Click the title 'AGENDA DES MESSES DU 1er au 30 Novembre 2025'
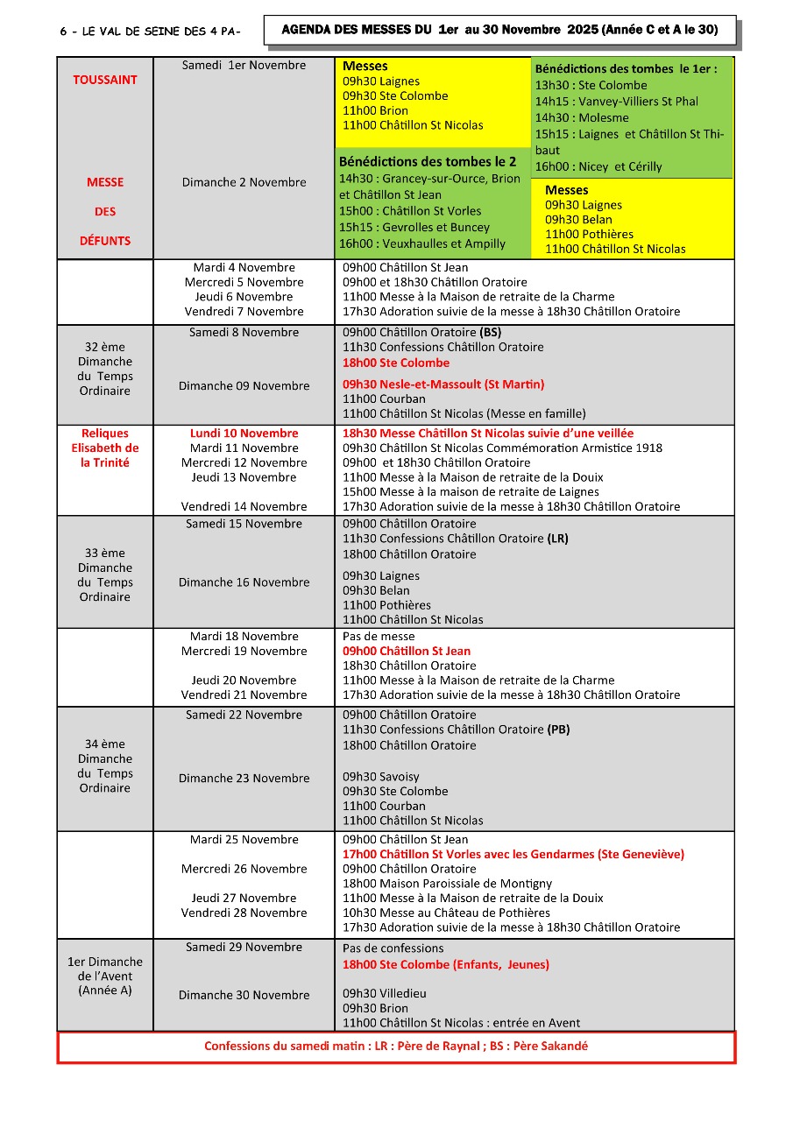[x=499, y=30]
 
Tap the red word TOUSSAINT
[x=105, y=80]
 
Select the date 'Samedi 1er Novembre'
[x=244, y=66]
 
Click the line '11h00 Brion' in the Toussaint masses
[x=375, y=110]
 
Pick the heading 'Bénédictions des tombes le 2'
[x=428, y=161]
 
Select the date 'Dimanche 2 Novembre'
[x=244, y=182]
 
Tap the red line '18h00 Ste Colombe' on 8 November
[x=396, y=363]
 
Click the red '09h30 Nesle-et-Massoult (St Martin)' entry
[x=443, y=384]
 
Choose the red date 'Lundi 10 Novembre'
[x=244, y=434]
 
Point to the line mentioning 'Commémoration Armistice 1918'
[x=502, y=448]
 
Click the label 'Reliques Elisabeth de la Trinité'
[x=105, y=448]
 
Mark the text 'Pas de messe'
[x=379, y=637]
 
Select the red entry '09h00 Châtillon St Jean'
[x=407, y=651]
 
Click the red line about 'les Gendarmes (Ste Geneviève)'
[x=513, y=854]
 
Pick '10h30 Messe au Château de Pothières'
[x=446, y=913]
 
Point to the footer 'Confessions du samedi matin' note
[x=396, y=1047]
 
